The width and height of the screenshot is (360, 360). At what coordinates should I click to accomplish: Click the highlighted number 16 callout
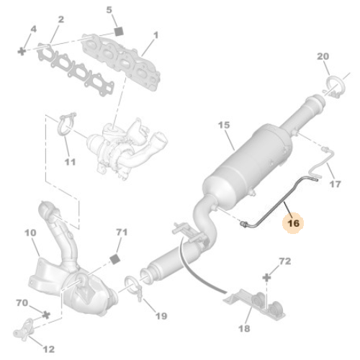coord(293,223)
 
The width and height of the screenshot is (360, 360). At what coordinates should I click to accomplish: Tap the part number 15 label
coord(224,125)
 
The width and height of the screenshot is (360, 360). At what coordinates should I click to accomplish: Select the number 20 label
coord(323,57)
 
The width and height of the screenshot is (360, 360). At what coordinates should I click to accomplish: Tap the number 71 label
coord(121,233)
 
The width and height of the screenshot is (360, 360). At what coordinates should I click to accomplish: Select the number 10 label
coord(30,233)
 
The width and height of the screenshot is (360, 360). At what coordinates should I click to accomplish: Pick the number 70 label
coord(21,304)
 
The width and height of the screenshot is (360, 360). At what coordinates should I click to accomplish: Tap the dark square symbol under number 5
coord(119,33)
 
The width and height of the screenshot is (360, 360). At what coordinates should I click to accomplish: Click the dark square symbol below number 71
coord(114,257)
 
